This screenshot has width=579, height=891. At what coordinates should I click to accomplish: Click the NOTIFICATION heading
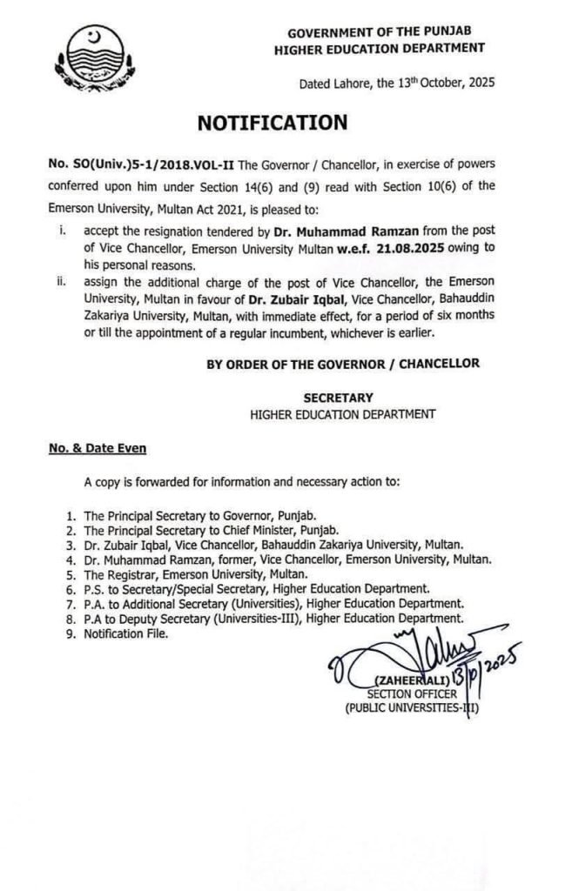[273, 123]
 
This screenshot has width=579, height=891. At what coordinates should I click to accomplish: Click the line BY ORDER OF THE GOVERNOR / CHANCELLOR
[342, 363]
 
